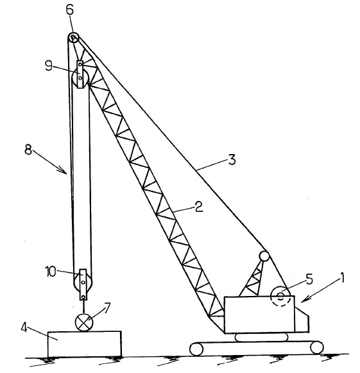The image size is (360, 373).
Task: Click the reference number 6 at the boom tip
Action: [x=70, y=11]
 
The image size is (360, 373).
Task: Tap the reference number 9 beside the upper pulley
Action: [x=49, y=65]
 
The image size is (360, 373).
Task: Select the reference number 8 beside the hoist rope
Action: [x=28, y=150]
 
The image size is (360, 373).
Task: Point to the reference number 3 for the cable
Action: [x=232, y=160]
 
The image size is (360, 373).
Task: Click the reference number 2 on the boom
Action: [x=198, y=206]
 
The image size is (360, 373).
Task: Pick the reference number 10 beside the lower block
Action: [x=51, y=272]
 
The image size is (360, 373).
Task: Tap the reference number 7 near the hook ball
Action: [x=107, y=308]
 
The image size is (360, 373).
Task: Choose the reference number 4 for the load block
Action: [x=24, y=328]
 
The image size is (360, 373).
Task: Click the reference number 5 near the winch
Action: [x=309, y=279]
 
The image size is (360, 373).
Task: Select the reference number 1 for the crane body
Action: [x=342, y=277]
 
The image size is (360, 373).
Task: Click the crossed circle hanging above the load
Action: [x=83, y=322]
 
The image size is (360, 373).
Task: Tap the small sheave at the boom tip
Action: [x=73, y=38]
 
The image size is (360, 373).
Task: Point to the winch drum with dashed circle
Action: [x=280, y=296]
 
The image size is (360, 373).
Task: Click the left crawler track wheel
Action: [x=196, y=349]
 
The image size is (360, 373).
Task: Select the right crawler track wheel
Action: [x=317, y=348]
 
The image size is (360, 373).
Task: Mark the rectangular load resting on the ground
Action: [x=85, y=344]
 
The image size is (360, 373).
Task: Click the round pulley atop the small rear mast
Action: [x=264, y=256]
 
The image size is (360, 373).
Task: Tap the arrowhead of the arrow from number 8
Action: [x=64, y=171]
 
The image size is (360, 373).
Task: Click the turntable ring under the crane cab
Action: [x=262, y=337]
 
